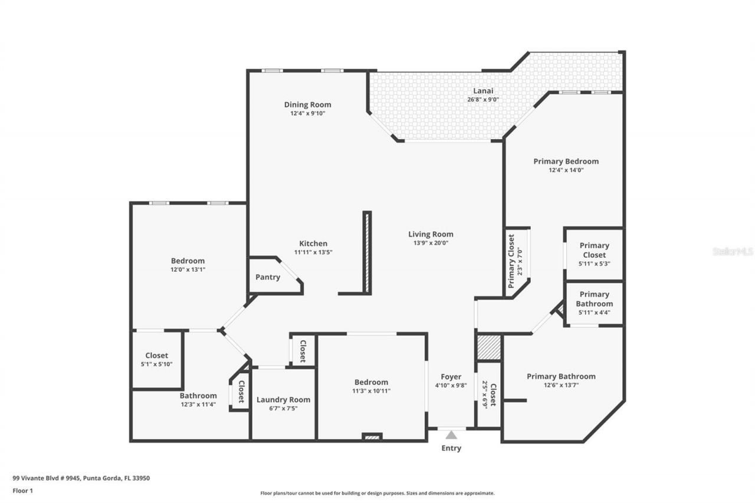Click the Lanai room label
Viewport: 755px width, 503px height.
pos(482,91)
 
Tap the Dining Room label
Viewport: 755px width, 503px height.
pos(307,105)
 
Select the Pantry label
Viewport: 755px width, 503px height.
pos(267,277)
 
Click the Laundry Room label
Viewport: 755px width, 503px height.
pos(283,400)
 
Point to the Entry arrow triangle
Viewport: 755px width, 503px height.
pos(451,435)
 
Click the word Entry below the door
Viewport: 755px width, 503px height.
pos(451,448)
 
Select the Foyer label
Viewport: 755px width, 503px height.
pos(451,377)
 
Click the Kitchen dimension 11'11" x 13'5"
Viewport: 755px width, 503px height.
pos(313,252)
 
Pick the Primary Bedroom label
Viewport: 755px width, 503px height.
pos(566,161)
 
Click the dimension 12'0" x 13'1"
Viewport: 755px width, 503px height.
pos(188,269)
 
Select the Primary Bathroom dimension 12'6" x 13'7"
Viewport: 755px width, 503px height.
pos(561,385)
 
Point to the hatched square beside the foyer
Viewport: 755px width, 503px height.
pos(488,347)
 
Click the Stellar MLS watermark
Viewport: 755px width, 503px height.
pos(733,251)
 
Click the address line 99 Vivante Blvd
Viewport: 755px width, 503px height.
pos(81,478)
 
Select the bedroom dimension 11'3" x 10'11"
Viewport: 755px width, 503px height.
pos(371,390)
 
